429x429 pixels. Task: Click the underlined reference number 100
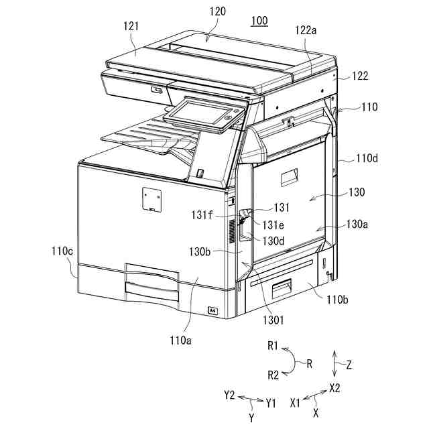[x=259, y=21]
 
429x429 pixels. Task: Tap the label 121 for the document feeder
[x=131, y=26]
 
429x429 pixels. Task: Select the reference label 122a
[x=306, y=29]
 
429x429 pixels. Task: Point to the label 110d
[x=367, y=159]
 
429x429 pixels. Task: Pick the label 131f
[x=201, y=214]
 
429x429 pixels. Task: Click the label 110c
[x=62, y=252]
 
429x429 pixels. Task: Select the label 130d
[x=272, y=239]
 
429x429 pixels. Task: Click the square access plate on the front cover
[x=153, y=198]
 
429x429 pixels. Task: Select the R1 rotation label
[x=272, y=347]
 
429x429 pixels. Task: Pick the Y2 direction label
[x=229, y=395]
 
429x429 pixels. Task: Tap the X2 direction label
[x=334, y=388]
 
